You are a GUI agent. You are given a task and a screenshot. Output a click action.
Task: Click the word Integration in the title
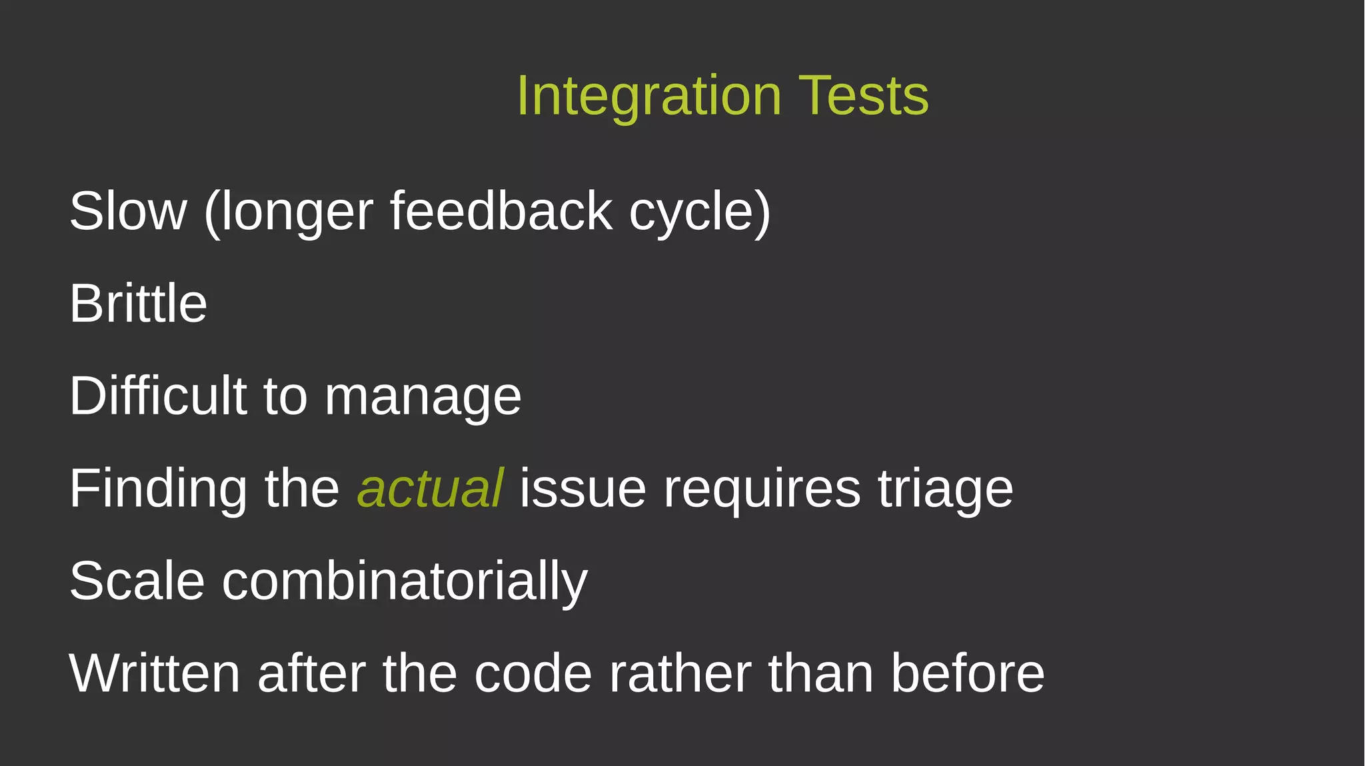(649, 96)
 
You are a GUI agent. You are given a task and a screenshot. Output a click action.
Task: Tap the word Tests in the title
(863, 96)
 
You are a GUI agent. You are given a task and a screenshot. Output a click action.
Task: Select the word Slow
(128, 211)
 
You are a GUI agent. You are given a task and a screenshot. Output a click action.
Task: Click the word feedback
(501, 211)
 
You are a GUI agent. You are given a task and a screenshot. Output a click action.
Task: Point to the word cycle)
(700, 211)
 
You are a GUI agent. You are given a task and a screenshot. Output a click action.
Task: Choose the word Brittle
(138, 304)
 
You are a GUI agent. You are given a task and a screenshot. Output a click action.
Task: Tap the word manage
(423, 397)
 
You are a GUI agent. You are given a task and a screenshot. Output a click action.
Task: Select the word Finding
(158, 489)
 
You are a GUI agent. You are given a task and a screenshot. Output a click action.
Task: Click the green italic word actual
(431, 489)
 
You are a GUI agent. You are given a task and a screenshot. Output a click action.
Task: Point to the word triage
(945, 489)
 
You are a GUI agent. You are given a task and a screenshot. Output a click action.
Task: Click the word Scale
(137, 581)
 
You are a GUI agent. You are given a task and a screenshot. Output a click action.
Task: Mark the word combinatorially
(405, 581)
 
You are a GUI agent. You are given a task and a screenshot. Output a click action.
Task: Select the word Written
(154, 673)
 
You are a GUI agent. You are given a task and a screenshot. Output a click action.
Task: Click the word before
(967, 673)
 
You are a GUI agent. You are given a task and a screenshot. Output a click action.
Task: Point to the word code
(533, 673)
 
